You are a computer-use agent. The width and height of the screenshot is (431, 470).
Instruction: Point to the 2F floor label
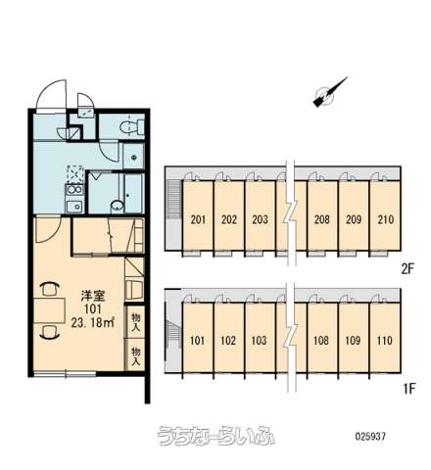pos(407,269)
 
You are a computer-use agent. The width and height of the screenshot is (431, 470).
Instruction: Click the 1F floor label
pos(407,389)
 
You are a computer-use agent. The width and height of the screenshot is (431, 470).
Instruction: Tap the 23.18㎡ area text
pos(93,322)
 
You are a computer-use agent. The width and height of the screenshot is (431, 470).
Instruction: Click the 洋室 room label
pos(93,297)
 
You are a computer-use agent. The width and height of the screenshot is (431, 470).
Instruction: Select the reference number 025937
pos(370,436)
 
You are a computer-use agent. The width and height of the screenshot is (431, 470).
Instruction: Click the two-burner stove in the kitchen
pos(74,190)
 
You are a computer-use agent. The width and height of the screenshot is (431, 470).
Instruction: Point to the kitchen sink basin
pos(75,207)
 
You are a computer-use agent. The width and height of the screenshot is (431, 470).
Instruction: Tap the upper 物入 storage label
pos(135,322)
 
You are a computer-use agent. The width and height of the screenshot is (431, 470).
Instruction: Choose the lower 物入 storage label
pos(135,355)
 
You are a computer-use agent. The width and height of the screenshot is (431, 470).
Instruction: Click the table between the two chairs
pos(49,310)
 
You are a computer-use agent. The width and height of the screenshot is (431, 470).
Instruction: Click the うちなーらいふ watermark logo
pos(215,436)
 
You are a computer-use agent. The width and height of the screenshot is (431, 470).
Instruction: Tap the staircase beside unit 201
pos(174,199)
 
